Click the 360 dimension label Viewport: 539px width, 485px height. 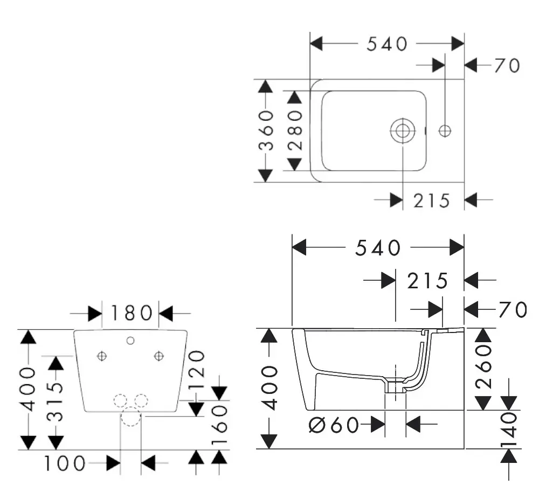point(265,130)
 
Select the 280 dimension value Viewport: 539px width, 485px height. point(294,130)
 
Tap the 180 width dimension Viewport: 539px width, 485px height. point(131,313)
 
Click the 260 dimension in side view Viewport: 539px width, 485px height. point(483,367)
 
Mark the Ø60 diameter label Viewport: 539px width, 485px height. point(334,425)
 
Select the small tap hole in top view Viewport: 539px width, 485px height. point(445,130)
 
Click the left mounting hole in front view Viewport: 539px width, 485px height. point(102,356)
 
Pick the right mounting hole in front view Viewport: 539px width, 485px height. point(158,356)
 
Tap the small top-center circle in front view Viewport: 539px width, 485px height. point(130,340)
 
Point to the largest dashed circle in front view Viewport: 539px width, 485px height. point(130,417)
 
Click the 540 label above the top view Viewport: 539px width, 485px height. point(387,44)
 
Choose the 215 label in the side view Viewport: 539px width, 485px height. point(428,281)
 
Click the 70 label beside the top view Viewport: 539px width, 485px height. point(507,66)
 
